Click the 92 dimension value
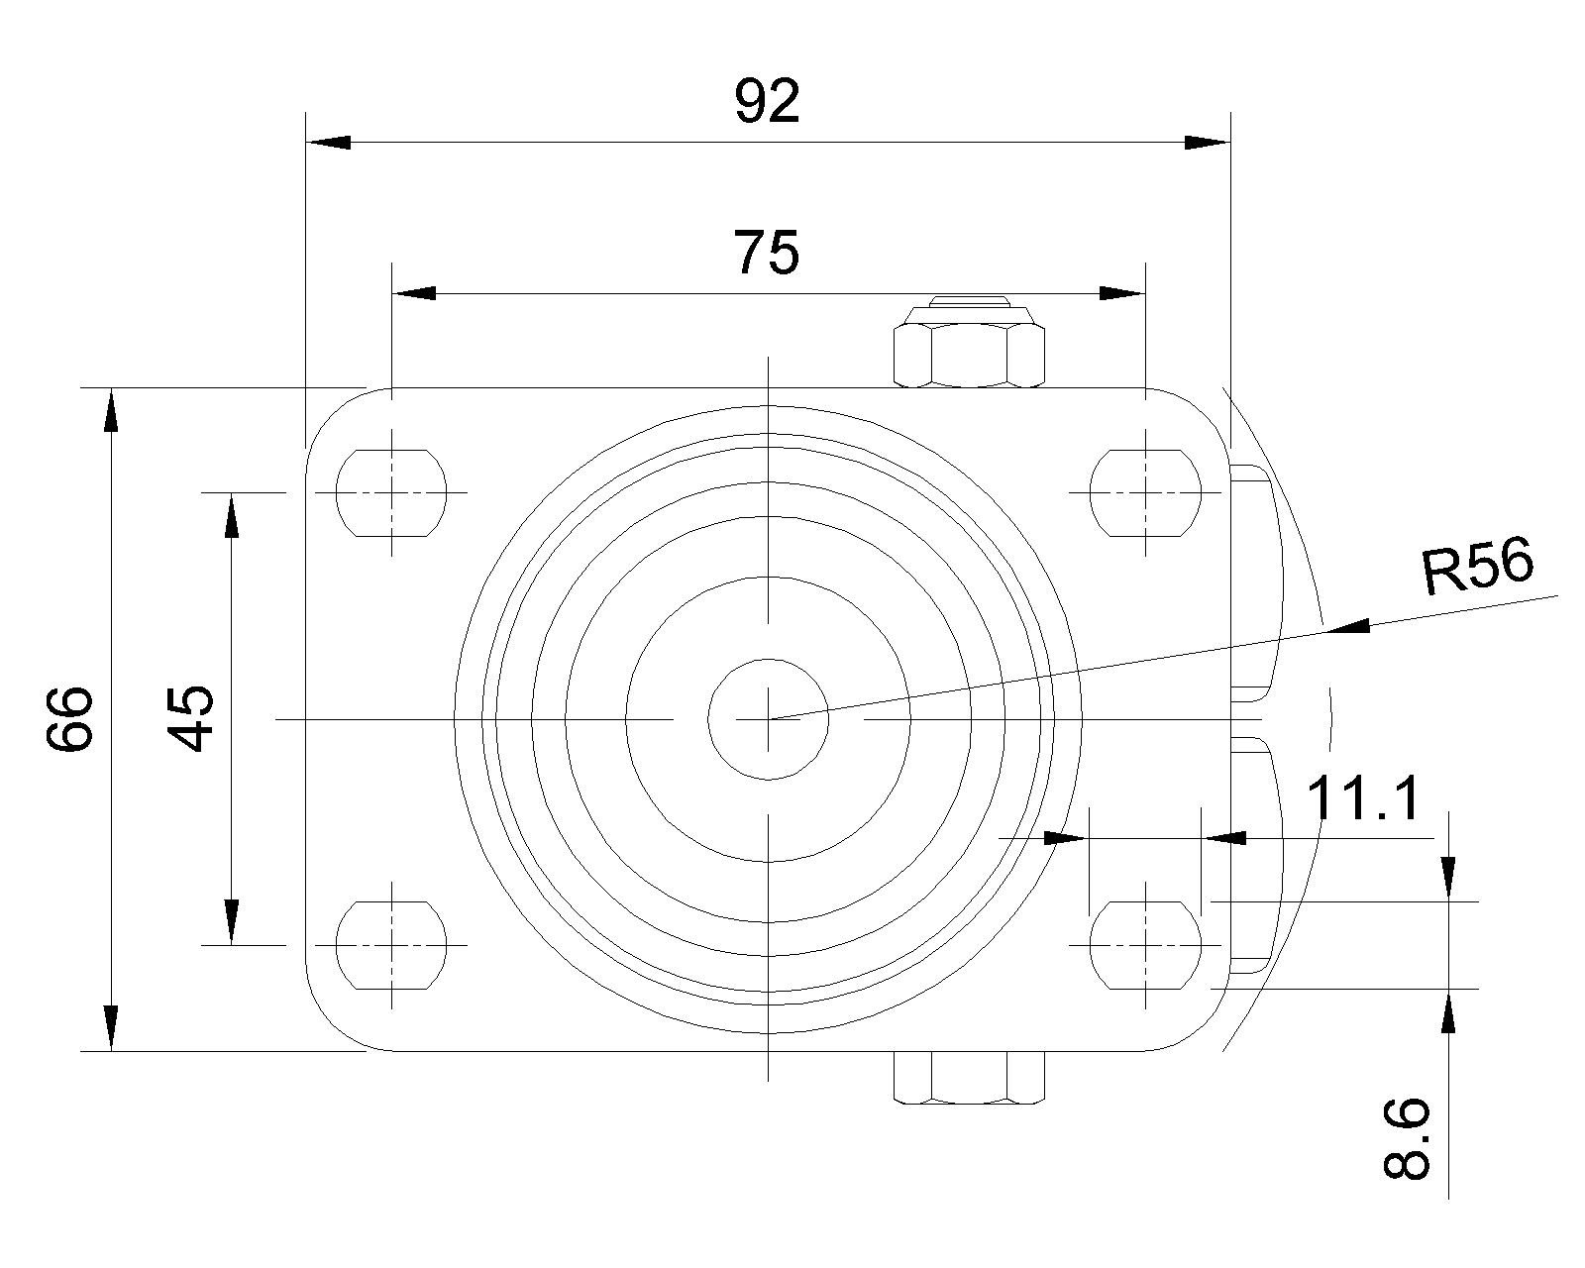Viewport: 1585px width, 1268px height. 767,101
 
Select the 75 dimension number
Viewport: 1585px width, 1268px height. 767,252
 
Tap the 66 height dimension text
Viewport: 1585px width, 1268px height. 69,718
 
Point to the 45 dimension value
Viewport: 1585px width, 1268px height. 190,718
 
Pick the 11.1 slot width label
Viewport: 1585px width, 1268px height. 1362,798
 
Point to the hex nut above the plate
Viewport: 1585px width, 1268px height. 969,342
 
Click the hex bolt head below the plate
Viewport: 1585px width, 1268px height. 969,1077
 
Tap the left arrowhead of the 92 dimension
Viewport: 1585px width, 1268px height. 329,143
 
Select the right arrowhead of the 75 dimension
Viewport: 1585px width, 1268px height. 1122,293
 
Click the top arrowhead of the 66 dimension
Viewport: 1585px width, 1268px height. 111,410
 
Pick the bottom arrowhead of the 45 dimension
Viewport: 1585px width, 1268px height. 231,921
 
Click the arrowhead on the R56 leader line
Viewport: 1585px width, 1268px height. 1347,627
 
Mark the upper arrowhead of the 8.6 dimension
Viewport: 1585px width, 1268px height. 1448,878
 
